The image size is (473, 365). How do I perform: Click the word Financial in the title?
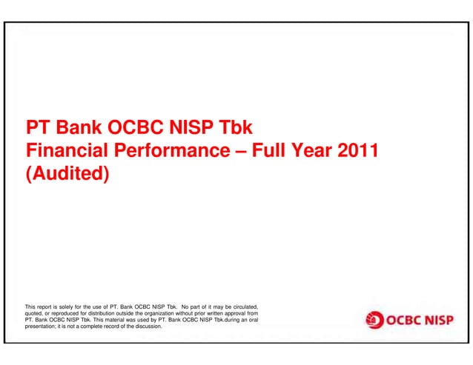coord(62,152)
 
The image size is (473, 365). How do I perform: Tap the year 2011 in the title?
coord(358,152)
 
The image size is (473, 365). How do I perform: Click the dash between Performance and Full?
coord(239,152)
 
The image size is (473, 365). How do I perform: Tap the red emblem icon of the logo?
coord(374,320)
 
